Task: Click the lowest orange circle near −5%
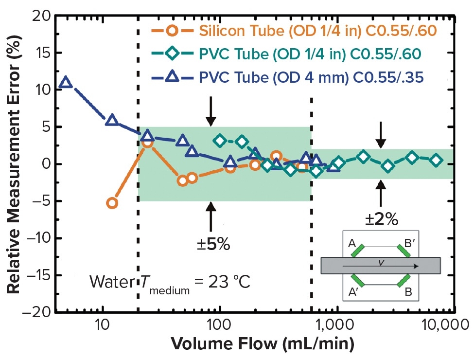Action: tap(112, 203)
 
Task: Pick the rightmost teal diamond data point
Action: tap(436, 160)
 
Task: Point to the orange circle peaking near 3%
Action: tap(148, 143)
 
